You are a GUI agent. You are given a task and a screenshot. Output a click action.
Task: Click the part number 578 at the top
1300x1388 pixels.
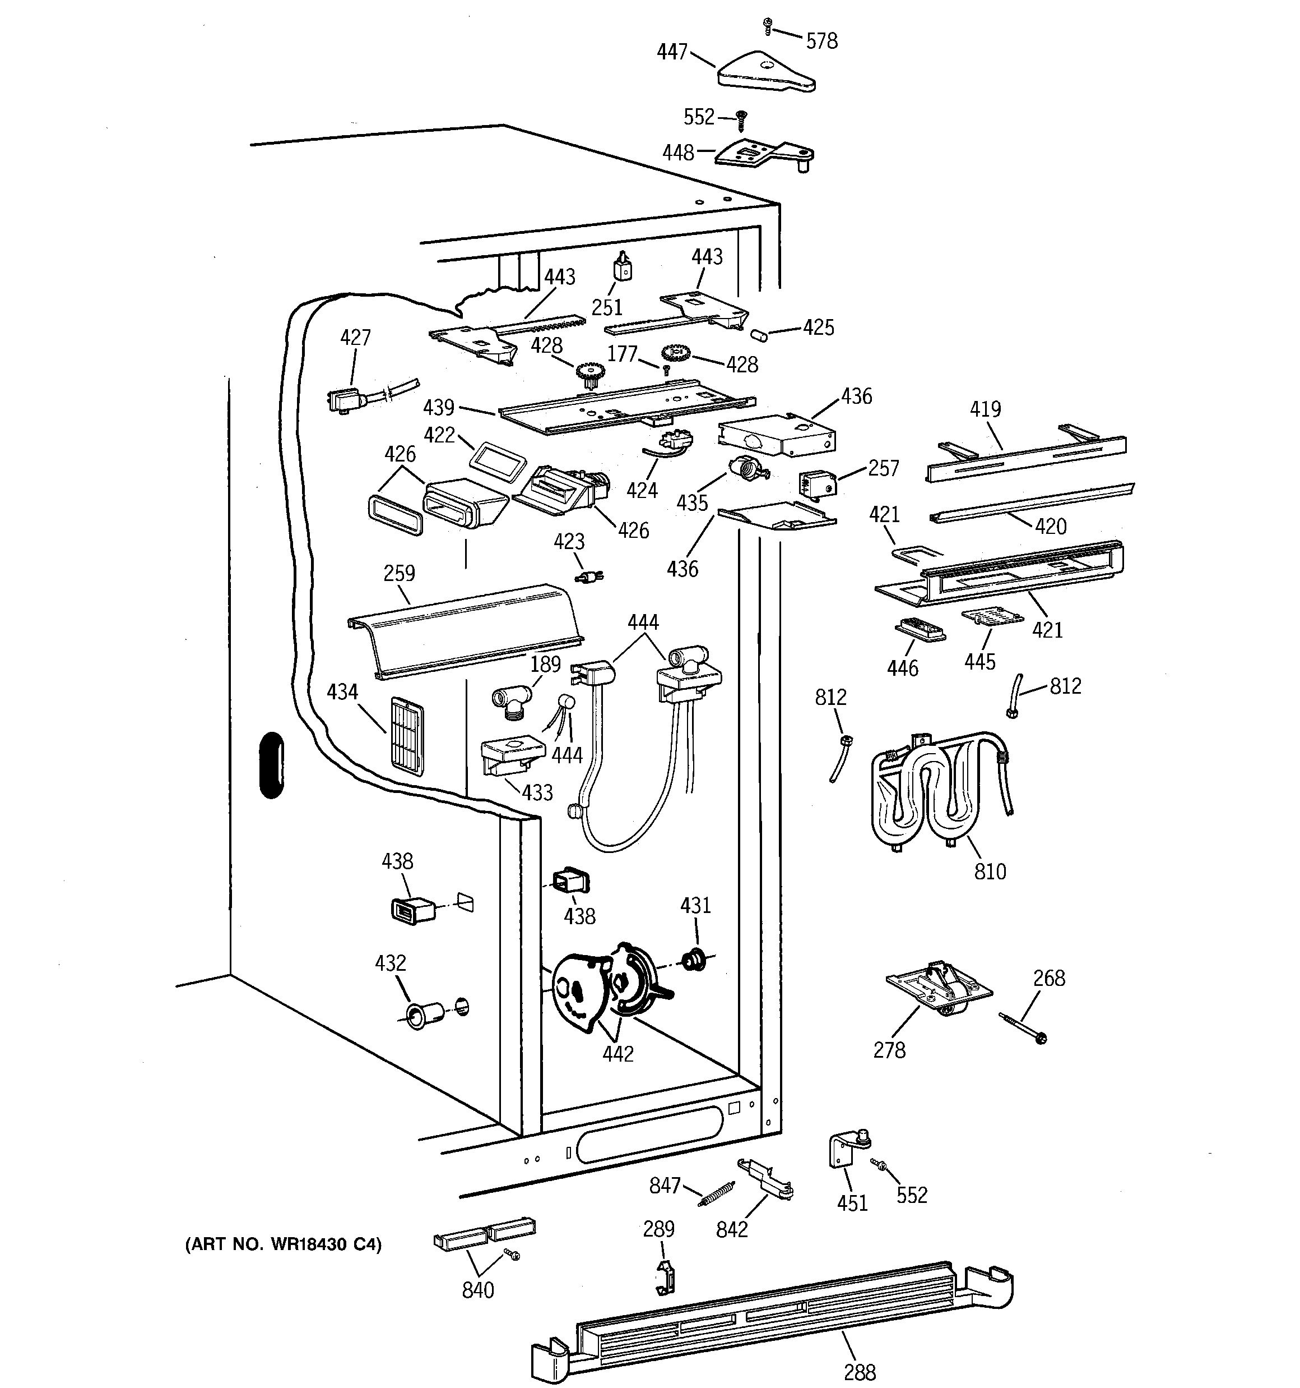(x=821, y=41)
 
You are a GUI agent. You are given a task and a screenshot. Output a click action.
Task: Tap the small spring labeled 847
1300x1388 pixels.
(x=717, y=1193)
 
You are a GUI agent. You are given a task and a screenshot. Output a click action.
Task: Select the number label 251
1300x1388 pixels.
(x=607, y=307)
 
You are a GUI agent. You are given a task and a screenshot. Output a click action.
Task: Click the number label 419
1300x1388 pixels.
(x=985, y=409)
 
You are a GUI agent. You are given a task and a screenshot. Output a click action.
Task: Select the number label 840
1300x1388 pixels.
(x=478, y=1290)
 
